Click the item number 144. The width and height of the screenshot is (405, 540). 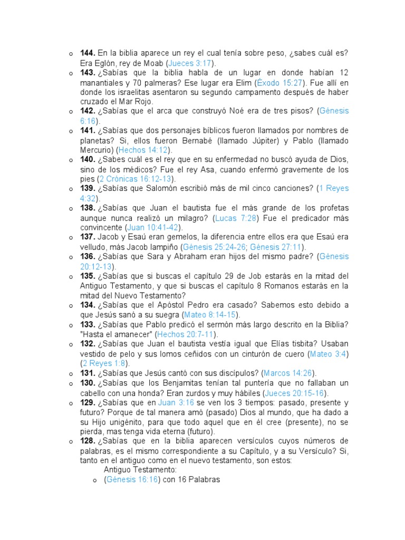tap(88, 53)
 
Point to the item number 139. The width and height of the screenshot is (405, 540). tap(88, 188)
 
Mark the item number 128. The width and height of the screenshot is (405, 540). tap(88, 441)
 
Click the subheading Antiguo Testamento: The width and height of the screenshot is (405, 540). tap(140, 469)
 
